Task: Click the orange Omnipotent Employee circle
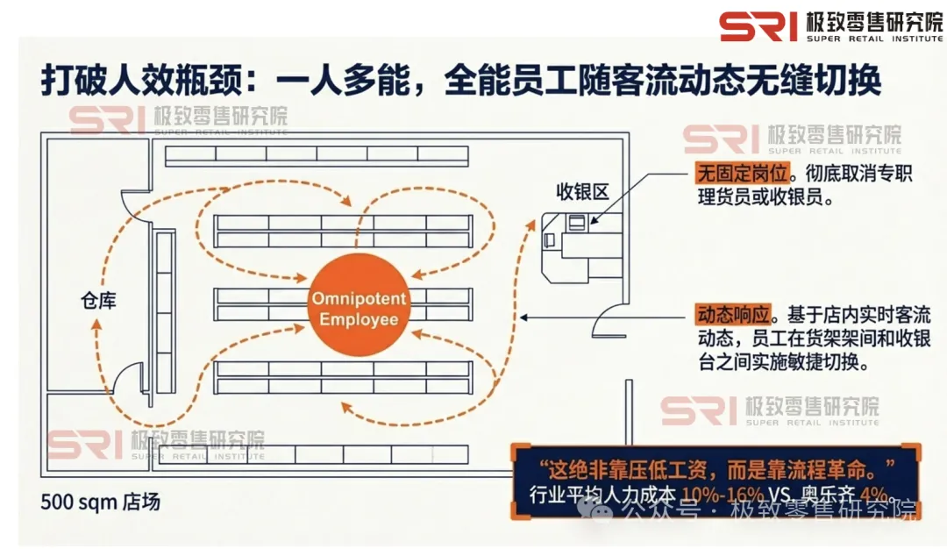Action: pos(359,308)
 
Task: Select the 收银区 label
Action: pos(582,192)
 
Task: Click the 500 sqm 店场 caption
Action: pos(101,503)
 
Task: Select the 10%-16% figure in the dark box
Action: pos(705,495)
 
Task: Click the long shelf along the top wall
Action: pos(317,154)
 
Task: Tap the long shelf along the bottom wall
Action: pos(317,454)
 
